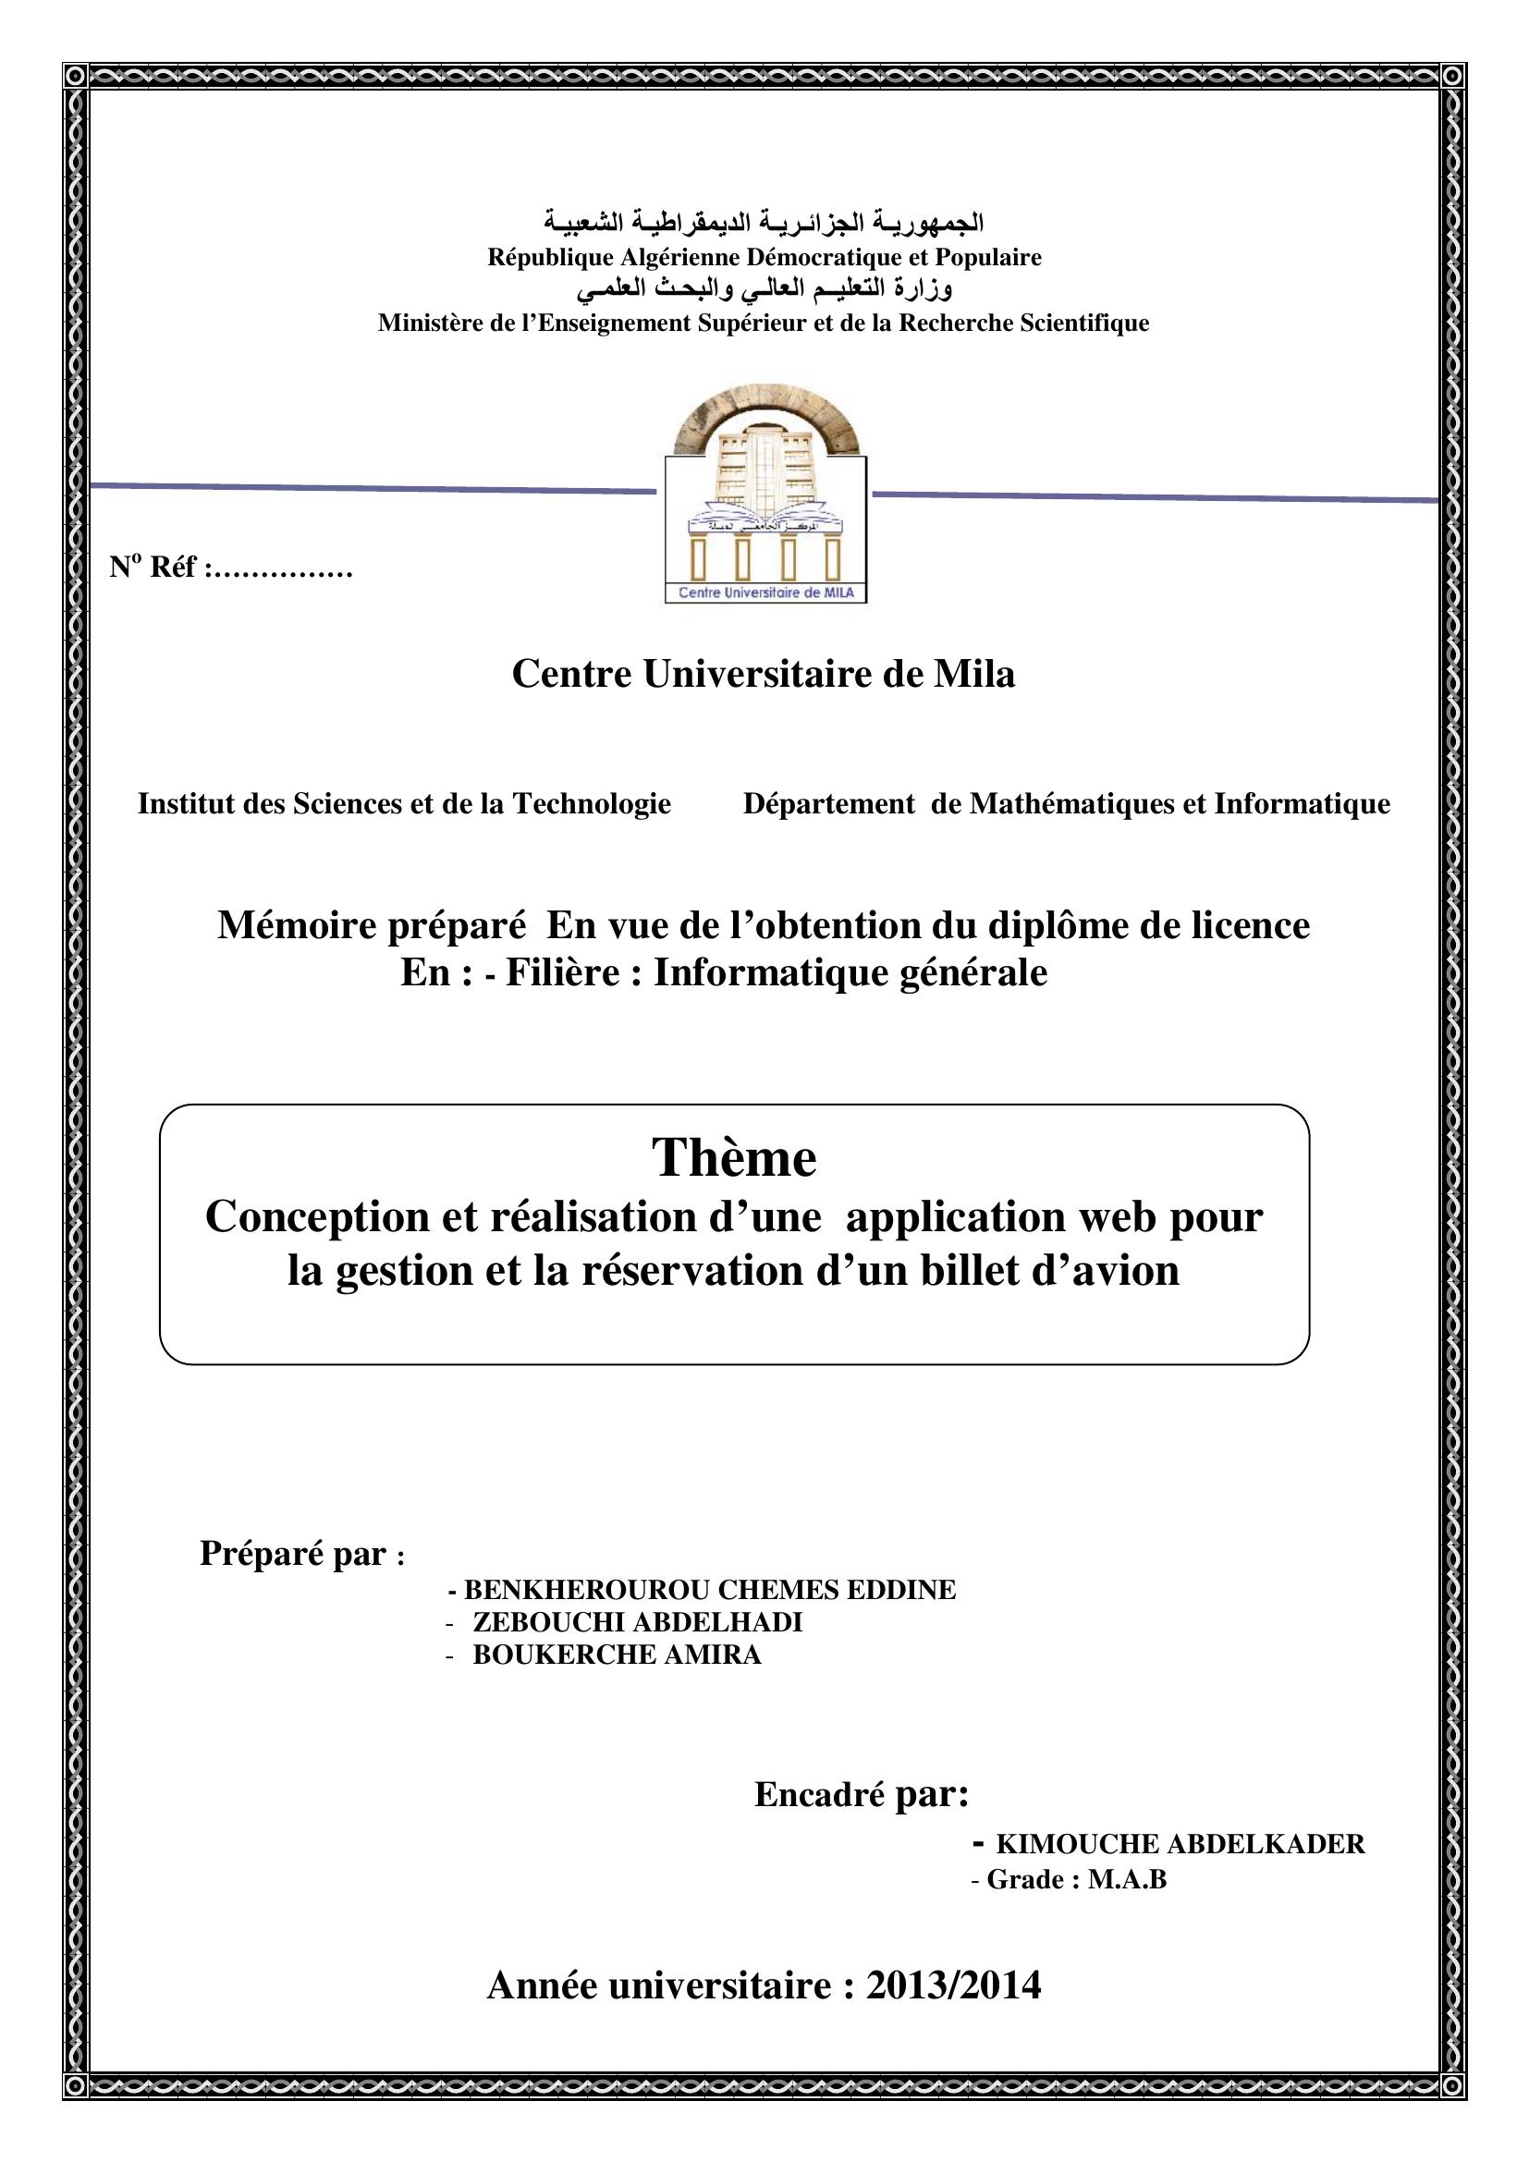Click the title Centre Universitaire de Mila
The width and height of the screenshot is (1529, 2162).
click(x=764, y=674)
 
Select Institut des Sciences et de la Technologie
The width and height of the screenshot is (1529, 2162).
click(x=404, y=803)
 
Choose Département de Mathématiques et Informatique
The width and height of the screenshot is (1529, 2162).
click(x=1066, y=803)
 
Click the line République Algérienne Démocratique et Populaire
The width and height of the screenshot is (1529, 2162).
click(x=764, y=257)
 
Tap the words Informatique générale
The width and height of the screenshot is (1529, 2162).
click(x=850, y=972)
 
